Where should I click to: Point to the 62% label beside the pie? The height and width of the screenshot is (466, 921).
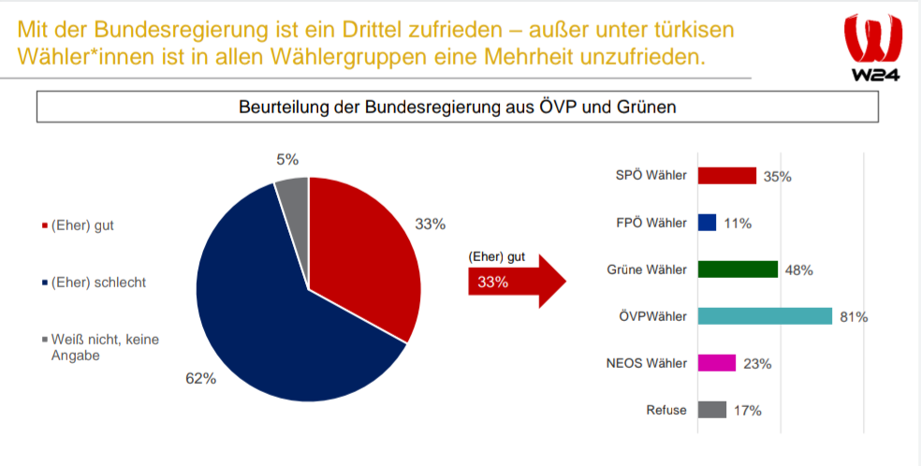point(201,379)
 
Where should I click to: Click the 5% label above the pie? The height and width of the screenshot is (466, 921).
point(287,160)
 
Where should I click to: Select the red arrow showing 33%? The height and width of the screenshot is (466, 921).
point(515,282)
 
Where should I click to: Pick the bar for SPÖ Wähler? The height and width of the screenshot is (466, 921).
point(727,176)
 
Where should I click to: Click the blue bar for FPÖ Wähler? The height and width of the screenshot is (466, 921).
point(708,223)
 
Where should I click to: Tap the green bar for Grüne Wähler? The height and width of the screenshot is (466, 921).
point(738,269)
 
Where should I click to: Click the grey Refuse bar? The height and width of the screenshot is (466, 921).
point(712,410)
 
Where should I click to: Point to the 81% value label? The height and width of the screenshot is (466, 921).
point(854,317)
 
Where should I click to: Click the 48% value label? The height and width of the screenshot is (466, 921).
point(798,270)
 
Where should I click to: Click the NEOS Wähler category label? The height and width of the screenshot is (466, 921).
point(651,363)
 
